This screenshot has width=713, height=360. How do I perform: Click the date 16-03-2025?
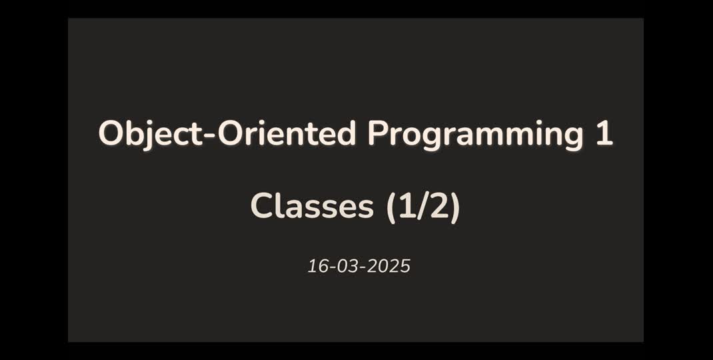[358, 267]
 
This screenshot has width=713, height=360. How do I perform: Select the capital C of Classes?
[262, 206]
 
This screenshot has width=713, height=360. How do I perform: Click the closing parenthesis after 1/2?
[455, 207]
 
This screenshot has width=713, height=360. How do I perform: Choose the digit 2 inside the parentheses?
[438, 206]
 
